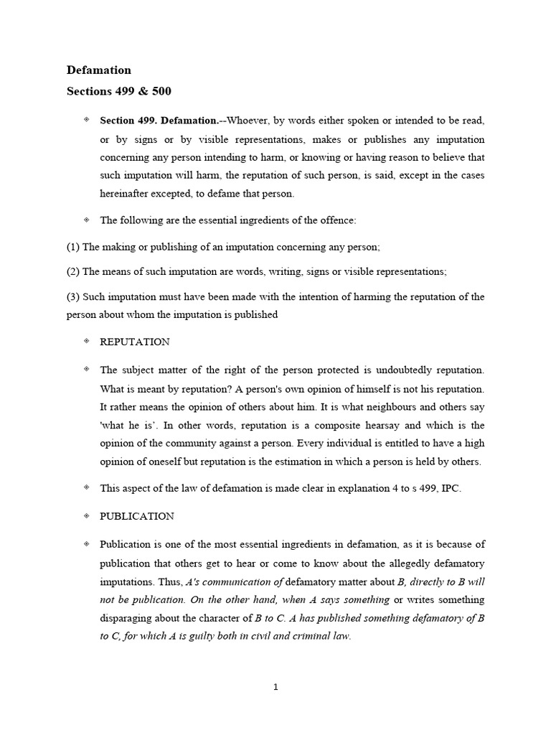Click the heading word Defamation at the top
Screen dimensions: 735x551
click(x=99, y=70)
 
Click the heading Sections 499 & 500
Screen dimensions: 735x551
click(x=119, y=91)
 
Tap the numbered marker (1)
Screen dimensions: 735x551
click(x=73, y=247)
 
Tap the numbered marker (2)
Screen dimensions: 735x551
click(x=73, y=271)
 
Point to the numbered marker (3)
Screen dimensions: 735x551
click(x=73, y=296)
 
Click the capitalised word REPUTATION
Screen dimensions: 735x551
click(x=135, y=342)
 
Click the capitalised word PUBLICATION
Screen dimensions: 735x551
click(x=137, y=516)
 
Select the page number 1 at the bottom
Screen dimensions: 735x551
click(x=275, y=687)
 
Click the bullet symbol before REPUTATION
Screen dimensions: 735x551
click(x=86, y=342)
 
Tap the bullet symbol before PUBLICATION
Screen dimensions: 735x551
click(x=86, y=515)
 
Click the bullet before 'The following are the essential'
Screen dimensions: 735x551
click(x=86, y=219)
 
